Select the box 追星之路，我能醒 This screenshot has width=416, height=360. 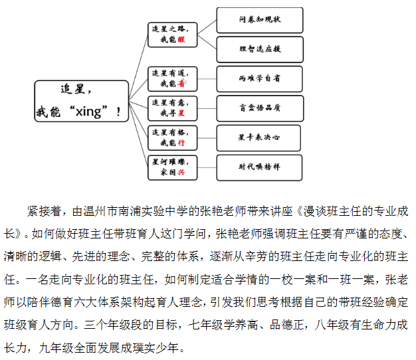[x=173, y=35]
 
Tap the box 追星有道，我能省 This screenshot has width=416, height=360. [x=173, y=78]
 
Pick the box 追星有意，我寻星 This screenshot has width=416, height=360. [x=173, y=108]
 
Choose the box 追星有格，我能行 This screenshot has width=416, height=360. [x=173, y=137]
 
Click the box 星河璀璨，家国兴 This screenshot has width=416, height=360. [x=173, y=167]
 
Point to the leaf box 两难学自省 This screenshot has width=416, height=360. [x=259, y=78]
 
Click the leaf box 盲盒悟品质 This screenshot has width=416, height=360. [x=259, y=108]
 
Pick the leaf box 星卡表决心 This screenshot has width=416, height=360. [x=259, y=137]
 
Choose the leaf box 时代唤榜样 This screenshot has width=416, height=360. [x=259, y=167]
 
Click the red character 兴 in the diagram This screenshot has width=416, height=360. [x=180, y=172]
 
